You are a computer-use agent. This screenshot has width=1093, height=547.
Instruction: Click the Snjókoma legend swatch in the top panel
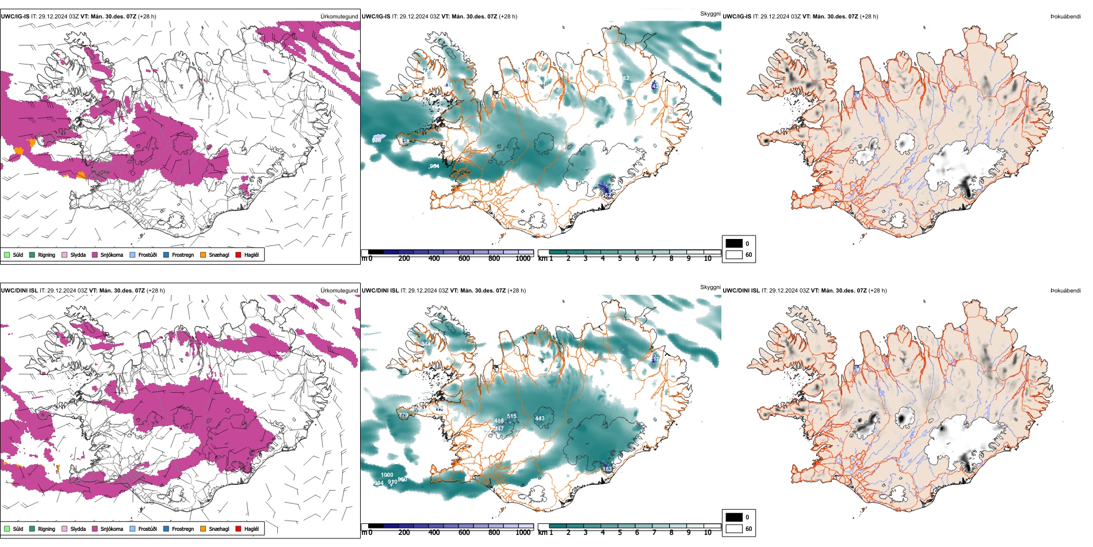95,254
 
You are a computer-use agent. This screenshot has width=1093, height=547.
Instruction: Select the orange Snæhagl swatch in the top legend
203,254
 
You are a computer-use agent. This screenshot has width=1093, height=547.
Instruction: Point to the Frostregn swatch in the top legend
166,254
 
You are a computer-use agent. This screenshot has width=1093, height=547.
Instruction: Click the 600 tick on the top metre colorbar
464,259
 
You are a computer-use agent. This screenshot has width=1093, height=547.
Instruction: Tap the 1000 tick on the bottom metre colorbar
523,533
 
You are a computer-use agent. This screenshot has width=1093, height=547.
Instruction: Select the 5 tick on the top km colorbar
620,259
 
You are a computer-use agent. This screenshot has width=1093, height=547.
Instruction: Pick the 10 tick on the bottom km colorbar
708,533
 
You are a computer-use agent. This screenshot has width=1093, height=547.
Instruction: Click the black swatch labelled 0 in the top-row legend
734,244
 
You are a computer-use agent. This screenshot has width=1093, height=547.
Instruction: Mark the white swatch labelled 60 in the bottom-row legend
734,529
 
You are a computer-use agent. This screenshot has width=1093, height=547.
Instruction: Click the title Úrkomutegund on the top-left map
339,17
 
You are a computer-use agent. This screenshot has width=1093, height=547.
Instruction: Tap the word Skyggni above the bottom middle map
710,287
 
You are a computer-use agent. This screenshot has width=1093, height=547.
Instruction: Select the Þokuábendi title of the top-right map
1065,17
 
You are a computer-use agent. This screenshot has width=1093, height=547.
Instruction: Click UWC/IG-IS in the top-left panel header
15,17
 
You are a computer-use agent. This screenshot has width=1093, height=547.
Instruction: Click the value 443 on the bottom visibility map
540,419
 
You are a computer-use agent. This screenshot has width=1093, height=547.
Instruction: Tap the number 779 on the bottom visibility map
403,415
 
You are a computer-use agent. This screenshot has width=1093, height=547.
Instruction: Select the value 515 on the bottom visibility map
512,416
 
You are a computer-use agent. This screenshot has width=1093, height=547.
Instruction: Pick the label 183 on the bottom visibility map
607,469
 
